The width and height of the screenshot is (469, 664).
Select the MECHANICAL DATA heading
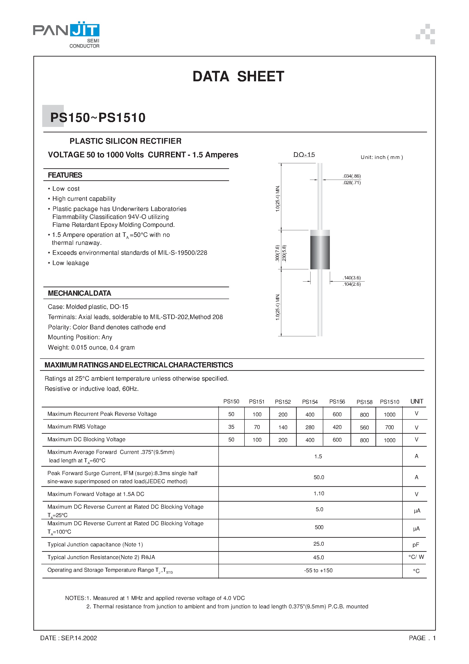[79, 293]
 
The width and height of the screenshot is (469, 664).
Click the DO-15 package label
[304, 155]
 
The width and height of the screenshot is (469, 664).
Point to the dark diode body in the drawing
[320, 252]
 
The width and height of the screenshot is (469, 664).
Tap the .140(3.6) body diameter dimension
[352, 278]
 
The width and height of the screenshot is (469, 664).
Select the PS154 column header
[310, 402]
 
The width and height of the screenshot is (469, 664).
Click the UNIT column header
[416, 401]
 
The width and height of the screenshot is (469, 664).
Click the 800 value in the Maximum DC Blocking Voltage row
[364, 440]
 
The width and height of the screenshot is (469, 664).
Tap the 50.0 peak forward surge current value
[319, 477]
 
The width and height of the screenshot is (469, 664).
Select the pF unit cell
[415, 545]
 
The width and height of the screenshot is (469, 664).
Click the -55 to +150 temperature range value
[318, 570]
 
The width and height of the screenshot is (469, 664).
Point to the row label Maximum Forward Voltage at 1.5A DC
[96, 494]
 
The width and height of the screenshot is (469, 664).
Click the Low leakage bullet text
[71, 263]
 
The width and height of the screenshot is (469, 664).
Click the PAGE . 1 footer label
[422, 638]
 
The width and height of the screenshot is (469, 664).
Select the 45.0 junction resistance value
[318, 557]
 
